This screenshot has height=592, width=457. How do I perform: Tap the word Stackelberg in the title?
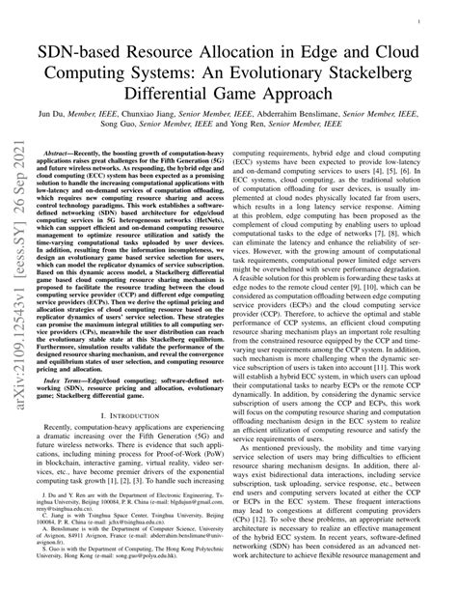point(366,67)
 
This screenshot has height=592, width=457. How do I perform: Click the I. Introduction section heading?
point(132,443)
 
